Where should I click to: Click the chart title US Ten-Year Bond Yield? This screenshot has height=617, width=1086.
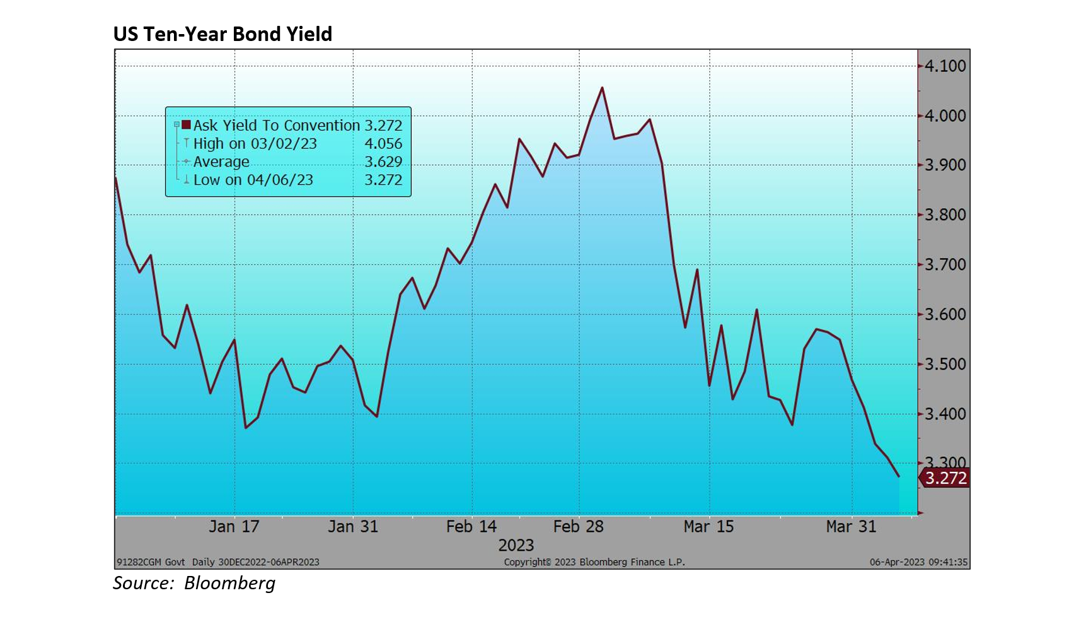[222, 34]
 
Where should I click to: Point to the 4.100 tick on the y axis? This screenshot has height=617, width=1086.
[945, 66]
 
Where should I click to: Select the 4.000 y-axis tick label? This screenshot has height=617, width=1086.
[945, 116]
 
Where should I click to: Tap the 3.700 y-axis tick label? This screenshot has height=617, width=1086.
[945, 265]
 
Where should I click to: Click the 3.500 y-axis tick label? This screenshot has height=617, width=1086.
[945, 365]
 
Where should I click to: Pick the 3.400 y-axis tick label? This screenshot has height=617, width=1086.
[945, 414]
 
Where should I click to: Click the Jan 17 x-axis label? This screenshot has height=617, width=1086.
[234, 527]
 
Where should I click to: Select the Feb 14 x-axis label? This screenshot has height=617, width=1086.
[471, 527]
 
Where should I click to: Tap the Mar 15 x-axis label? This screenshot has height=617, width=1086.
[708, 527]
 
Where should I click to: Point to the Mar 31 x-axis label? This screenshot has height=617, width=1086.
[851, 527]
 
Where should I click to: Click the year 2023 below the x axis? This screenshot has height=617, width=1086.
[516, 545]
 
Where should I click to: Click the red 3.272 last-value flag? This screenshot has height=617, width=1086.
[945, 478]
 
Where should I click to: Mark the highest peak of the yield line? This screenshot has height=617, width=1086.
[602, 88]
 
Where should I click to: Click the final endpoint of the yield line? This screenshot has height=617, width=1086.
[899, 476]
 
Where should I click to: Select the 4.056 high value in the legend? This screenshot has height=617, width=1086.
[383, 144]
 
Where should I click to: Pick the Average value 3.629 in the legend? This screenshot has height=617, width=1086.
[383, 162]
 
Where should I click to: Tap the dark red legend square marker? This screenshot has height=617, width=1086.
[186, 125]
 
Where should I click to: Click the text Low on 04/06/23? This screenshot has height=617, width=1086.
[253, 180]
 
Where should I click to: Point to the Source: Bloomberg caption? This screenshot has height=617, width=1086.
[194, 583]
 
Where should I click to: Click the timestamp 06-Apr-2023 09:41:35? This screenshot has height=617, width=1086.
[918, 562]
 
